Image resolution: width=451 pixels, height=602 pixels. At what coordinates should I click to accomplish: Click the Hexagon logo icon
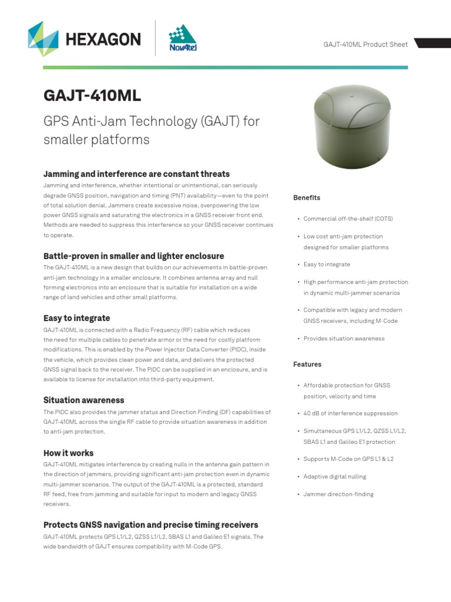pyautogui.click(x=43, y=39)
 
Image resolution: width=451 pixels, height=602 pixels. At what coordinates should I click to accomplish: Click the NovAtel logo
pyautogui.click(x=183, y=38)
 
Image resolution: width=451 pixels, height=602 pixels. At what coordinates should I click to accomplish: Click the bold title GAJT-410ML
pyautogui.click(x=92, y=96)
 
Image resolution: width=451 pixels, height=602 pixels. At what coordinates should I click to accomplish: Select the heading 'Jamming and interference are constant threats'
pyautogui.click(x=136, y=174)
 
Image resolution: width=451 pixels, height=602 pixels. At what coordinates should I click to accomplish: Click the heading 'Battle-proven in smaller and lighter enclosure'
pyautogui.click(x=133, y=256)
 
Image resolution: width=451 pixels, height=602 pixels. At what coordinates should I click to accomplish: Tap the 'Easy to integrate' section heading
pyautogui.click(x=76, y=318)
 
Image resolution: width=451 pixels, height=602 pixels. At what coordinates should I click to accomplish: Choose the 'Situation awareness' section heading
pyautogui.click(x=83, y=400)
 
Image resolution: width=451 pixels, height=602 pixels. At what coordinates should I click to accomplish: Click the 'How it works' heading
pyautogui.click(x=68, y=453)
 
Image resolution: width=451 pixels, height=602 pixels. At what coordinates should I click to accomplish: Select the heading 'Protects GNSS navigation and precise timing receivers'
pyautogui.click(x=150, y=525)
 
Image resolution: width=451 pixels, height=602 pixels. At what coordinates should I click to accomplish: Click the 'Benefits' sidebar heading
pyautogui.click(x=307, y=198)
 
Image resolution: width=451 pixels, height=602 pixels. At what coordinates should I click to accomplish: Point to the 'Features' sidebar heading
pyautogui.click(x=307, y=364)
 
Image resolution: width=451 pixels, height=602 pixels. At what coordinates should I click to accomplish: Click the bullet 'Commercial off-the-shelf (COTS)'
pyautogui.click(x=348, y=219)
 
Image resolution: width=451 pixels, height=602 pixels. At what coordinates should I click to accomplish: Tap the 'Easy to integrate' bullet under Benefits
pyautogui.click(x=327, y=265)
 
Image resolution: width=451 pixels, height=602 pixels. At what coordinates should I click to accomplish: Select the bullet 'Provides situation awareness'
pyautogui.click(x=344, y=339)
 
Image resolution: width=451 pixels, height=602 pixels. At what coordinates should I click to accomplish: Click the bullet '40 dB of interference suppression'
pyautogui.click(x=350, y=413)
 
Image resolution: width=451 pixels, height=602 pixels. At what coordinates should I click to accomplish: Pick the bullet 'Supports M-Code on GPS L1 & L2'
pyautogui.click(x=349, y=459)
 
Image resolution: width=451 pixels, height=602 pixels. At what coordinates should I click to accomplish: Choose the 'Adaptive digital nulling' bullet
pyautogui.click(x=334, y=476)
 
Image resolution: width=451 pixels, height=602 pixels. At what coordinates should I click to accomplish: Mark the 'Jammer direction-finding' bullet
pyautogui.click(x=338, y=494)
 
